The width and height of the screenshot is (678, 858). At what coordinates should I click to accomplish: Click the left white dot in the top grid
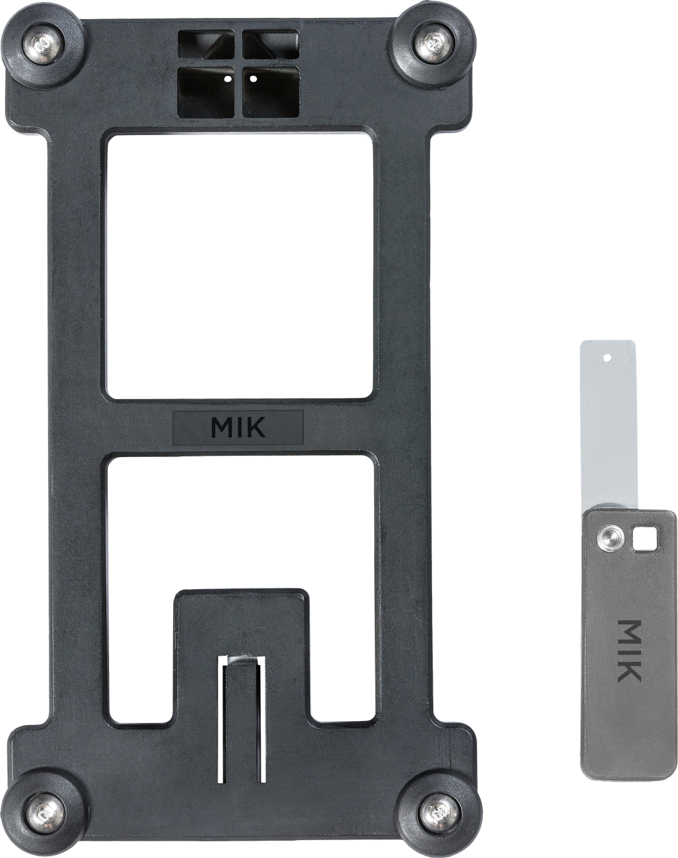coord(227,79)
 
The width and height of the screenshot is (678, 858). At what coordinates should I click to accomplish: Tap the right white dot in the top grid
coord(253,78)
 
